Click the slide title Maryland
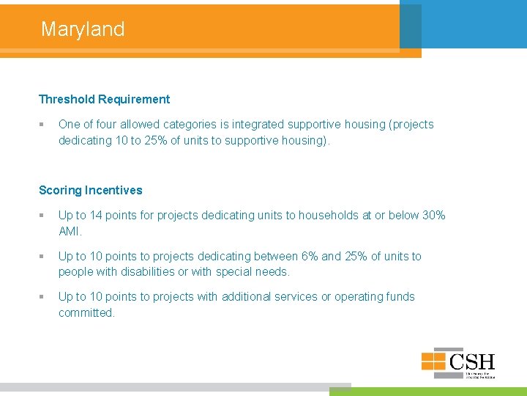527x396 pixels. (x=83, y=29)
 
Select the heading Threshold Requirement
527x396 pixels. (x=104, y=99)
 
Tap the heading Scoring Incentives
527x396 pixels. (x=91, y=190)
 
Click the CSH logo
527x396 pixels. (x=458, y=363)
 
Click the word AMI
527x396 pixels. (x=70, y=231)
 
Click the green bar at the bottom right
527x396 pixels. (x=427, y=392)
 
